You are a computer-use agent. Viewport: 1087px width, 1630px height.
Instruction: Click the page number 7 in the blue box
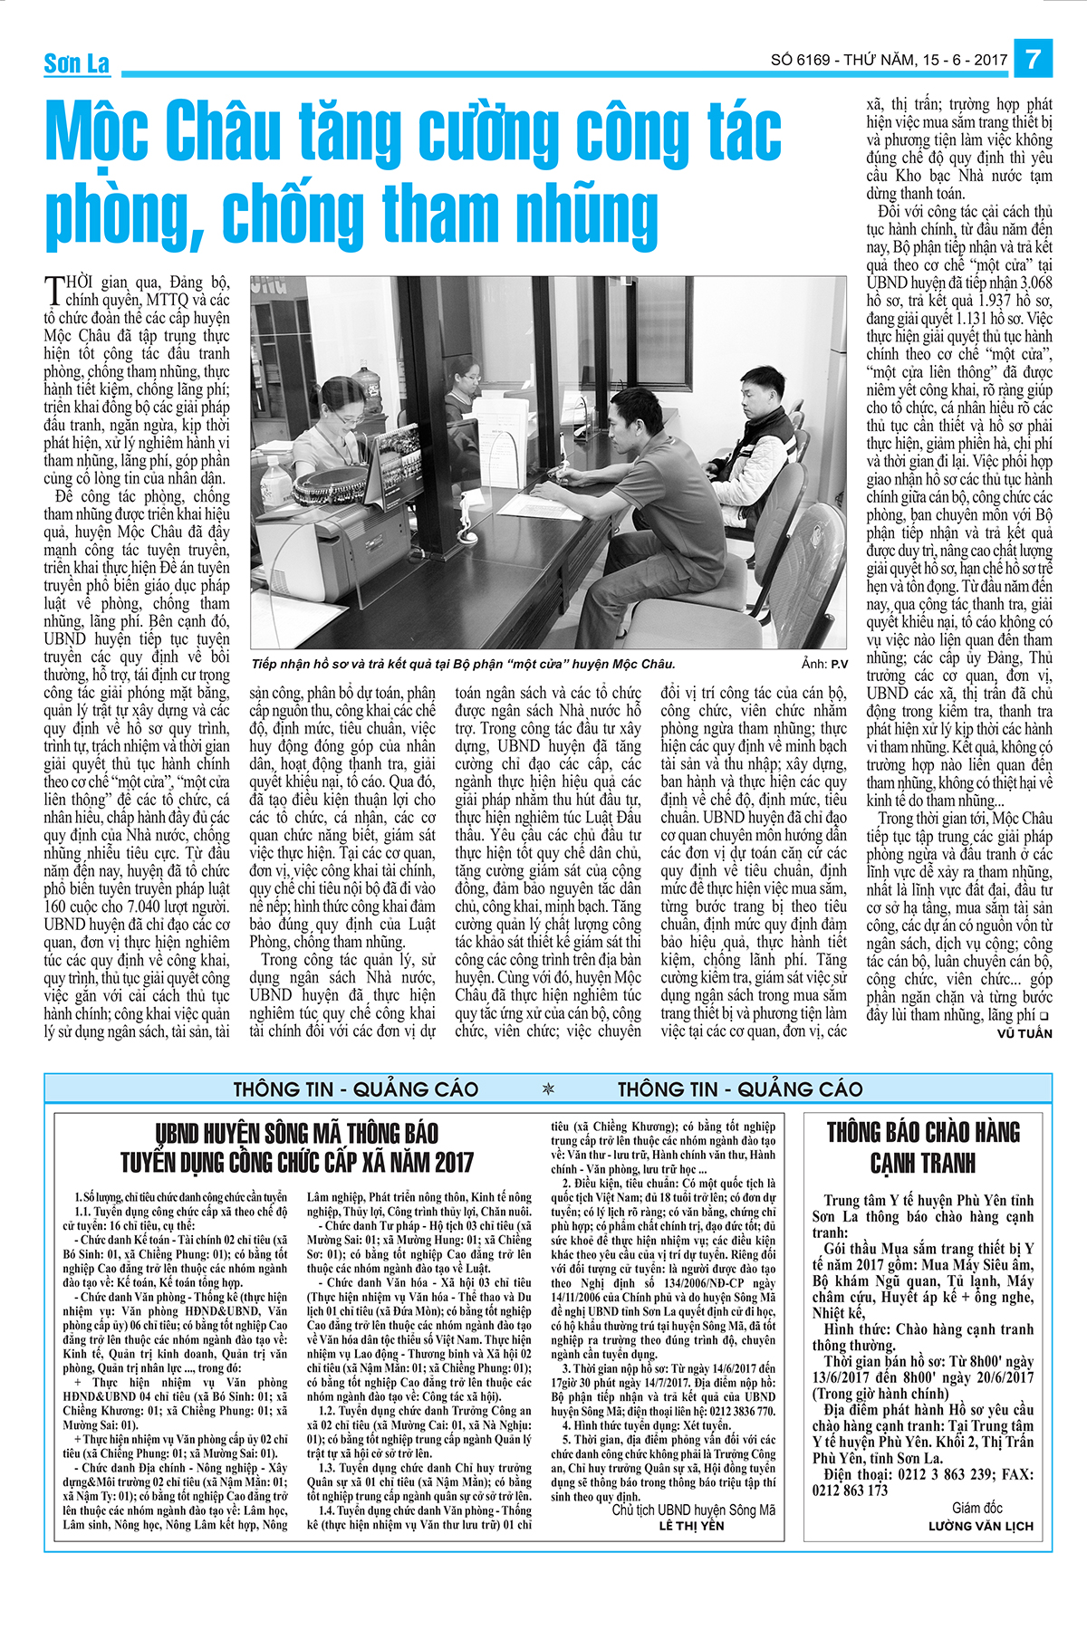(x=1033, y=60)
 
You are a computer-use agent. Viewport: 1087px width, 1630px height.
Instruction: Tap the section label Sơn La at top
(x=77, y=62)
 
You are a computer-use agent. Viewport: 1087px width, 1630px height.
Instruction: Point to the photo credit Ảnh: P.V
(x=824, y=664)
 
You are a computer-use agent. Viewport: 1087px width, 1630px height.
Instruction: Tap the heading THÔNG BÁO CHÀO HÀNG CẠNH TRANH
(x=923, y=1147)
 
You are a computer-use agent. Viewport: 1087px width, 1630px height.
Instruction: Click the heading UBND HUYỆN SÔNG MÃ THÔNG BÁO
(x=296, y=1134)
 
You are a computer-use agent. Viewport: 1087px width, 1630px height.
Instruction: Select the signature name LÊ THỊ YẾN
(x=691, y=1525)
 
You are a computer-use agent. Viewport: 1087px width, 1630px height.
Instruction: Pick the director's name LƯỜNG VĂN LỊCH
(x=980, y=1526)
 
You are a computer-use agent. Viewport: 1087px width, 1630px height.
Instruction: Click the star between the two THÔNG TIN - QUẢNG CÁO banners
(x=548, y=1088)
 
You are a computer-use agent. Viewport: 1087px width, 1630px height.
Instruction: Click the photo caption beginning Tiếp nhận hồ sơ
(x=463, y=664)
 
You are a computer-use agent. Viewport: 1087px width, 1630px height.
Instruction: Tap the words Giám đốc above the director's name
(x=976, y=1508)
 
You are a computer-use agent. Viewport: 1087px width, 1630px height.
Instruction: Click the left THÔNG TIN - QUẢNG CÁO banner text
(x=356, y=1088)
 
